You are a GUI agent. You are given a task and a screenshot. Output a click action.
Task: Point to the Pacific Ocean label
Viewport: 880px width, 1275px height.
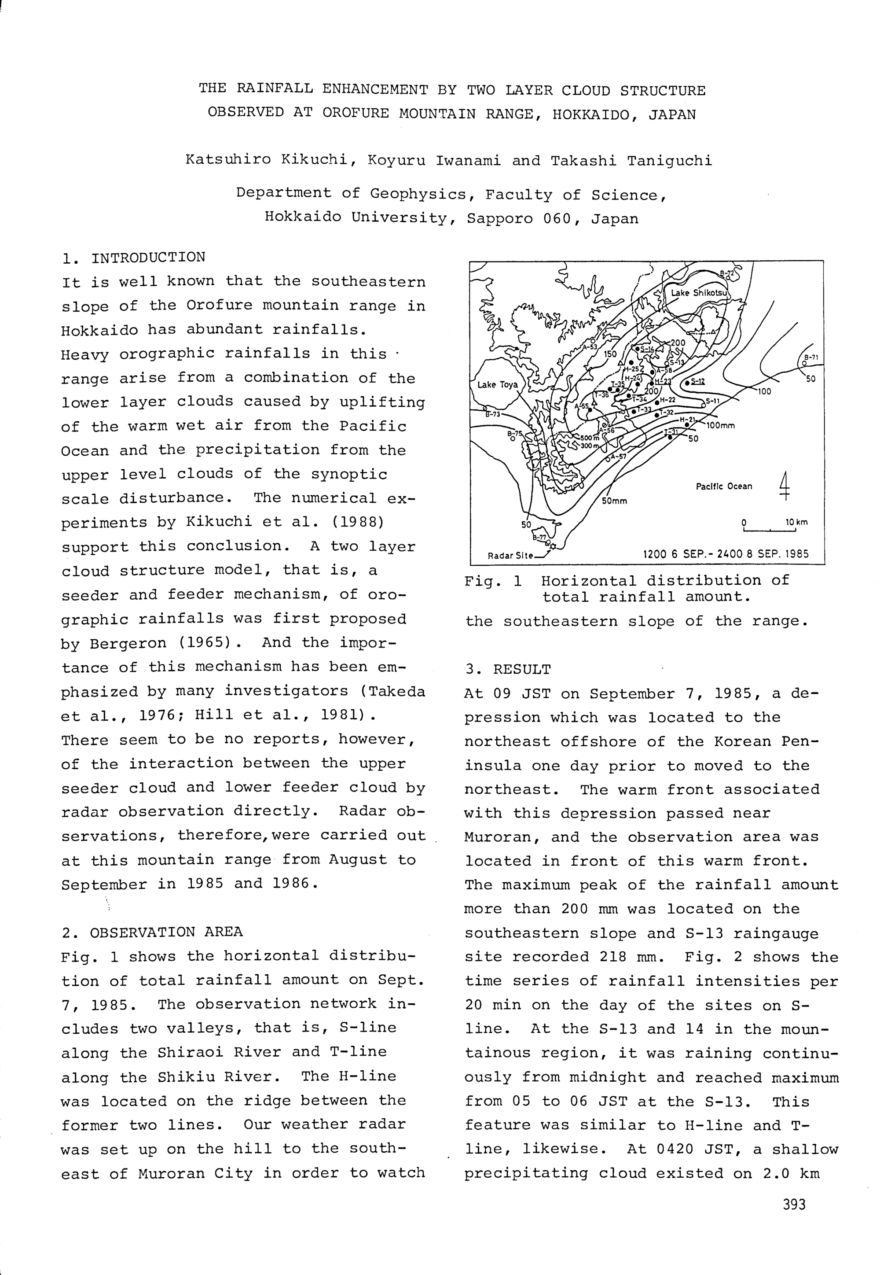[x=723, y=486]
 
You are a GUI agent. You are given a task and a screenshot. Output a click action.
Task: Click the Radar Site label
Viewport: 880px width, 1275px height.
[x=510, y=556]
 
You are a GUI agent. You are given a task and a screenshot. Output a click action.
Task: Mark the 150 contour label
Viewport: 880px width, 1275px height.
[x=610, y=355]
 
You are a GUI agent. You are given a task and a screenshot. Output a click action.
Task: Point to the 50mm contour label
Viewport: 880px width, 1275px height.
[x=614, y=501]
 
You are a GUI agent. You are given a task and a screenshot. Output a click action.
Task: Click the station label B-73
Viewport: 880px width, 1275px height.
[x=492, y=414]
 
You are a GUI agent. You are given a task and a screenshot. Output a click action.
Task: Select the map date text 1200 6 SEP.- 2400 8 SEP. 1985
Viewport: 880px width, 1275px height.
[x=726, y=554]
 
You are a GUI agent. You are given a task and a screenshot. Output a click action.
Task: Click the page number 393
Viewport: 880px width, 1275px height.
[x=794, y=1205]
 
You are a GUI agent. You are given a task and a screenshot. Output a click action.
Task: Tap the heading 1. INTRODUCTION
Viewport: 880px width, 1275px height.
[x=134, y=258]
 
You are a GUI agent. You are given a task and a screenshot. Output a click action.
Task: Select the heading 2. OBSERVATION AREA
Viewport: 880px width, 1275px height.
[x=152, y=932]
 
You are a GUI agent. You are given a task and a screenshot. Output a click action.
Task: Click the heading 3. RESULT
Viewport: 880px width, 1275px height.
[x=507, y=669]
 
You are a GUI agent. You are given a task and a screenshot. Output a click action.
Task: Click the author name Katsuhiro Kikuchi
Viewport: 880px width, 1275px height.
[x=266, y=161]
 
